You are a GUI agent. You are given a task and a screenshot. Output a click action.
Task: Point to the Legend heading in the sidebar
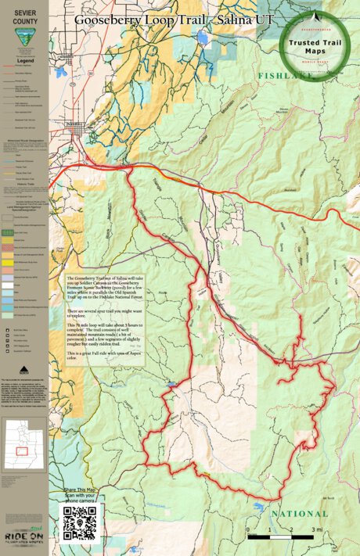23,59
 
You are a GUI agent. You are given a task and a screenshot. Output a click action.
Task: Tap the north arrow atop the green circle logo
315,16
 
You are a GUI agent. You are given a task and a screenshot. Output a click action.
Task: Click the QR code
79,522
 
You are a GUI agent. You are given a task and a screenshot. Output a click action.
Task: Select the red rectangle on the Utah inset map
24,451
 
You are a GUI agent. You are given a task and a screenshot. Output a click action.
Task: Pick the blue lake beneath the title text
203,37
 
